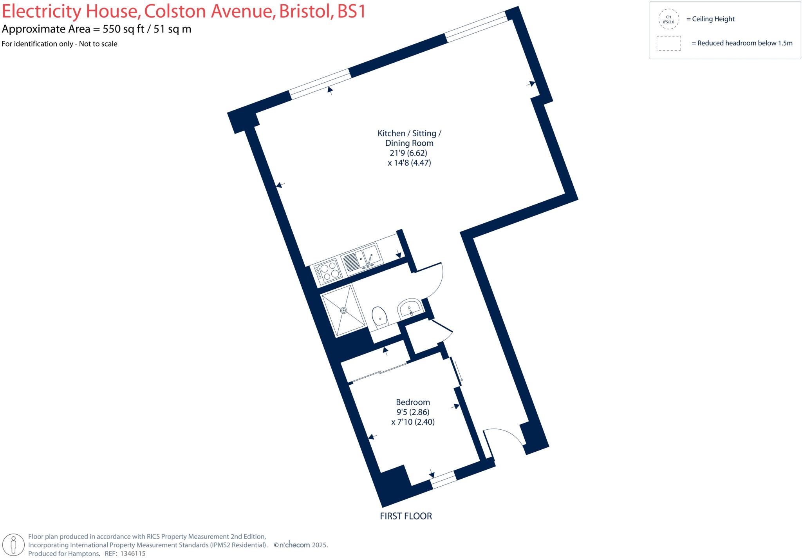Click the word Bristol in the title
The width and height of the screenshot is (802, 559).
(305, 11)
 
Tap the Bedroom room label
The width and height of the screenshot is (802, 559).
(413, 402)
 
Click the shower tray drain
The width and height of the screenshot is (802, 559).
(344, 310)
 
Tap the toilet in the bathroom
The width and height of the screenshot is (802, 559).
(379, 317)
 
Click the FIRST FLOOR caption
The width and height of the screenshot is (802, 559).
(406, 516)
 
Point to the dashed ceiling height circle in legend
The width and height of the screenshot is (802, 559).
(668, 19)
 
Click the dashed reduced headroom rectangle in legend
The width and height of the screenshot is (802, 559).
(668, 43)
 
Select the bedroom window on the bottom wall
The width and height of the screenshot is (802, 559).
(443, 480)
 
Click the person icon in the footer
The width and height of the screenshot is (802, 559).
(14, 545)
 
